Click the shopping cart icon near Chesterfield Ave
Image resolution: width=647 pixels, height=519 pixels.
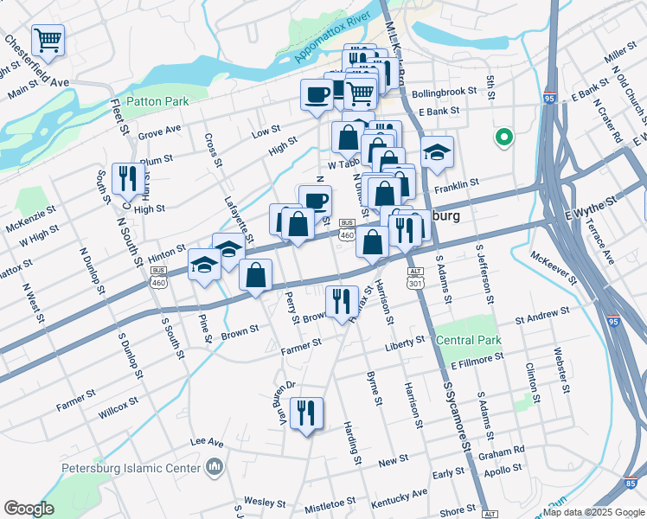[48, 39]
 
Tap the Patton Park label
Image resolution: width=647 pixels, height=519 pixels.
[157, 101]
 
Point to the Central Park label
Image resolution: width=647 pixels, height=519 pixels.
[469, 340]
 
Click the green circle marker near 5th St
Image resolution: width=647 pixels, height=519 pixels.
[503, 137]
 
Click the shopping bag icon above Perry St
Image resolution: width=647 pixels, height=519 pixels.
[257, 276]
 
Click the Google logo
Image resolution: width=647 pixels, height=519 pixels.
[29, 509]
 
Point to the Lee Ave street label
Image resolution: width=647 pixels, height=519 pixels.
[207, 440]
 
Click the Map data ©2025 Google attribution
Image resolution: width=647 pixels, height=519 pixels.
[593, 512]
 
